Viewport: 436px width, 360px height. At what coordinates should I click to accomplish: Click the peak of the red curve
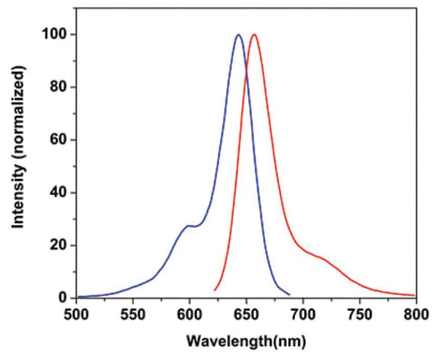point(254,35)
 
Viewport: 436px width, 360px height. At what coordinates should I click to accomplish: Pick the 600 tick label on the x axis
point(190,312)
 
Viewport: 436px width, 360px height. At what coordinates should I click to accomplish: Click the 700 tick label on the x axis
point(303,312)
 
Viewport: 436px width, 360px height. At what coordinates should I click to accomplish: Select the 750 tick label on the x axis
point(360,312)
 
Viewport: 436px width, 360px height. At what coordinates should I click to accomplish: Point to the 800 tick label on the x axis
point(415,312)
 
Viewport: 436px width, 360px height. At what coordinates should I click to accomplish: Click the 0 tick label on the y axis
point(64,298)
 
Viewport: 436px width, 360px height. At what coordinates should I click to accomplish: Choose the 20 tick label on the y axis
point(60,245)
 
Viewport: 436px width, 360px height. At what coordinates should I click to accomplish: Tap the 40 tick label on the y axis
point(60,192)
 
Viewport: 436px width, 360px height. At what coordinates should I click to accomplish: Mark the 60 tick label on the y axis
point(60,140)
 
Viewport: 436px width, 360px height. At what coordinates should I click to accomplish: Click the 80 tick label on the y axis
point(60,87)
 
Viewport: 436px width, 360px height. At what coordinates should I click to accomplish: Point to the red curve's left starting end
point(215,290)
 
